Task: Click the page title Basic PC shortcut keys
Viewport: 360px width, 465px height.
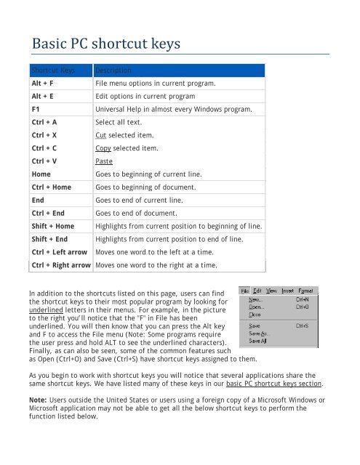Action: (x=105, y=46)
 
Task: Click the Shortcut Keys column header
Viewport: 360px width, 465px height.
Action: (x=53, y=71)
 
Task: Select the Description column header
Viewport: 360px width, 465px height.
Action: (x=113, y=71)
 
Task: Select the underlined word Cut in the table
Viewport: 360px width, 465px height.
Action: (x=101, y=136)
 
